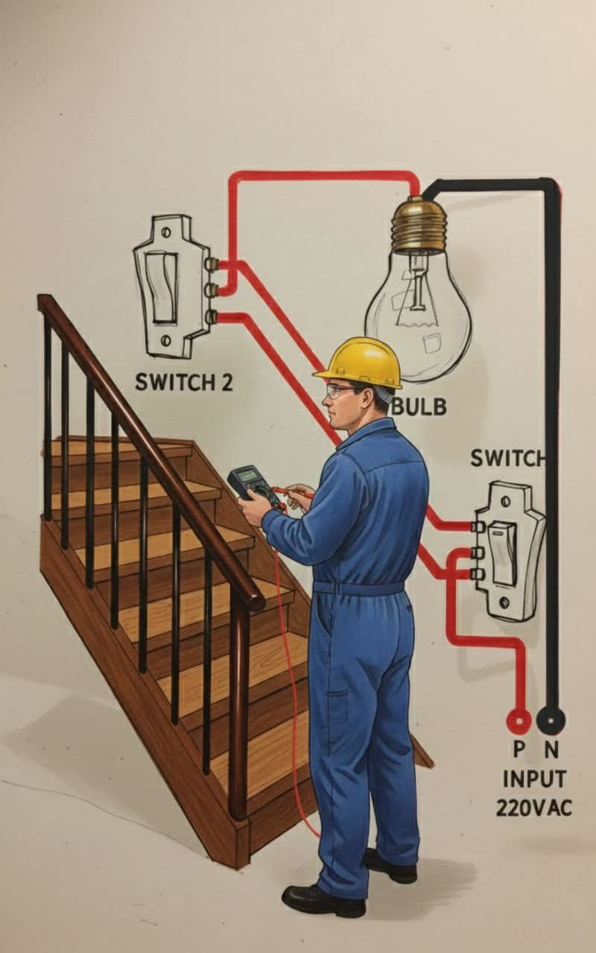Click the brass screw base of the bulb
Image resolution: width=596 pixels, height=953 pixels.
click(419, 225)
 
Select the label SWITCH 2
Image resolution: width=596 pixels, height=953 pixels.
click(184, 383)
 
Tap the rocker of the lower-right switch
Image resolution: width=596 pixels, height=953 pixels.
click(504, 553)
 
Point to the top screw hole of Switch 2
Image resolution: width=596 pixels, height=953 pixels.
click(167, 232)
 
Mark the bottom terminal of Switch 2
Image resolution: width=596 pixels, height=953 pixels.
click(211, 317)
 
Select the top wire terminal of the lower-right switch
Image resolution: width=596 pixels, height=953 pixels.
click(478, 527)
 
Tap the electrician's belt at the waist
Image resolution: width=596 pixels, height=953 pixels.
click(358, 588)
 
